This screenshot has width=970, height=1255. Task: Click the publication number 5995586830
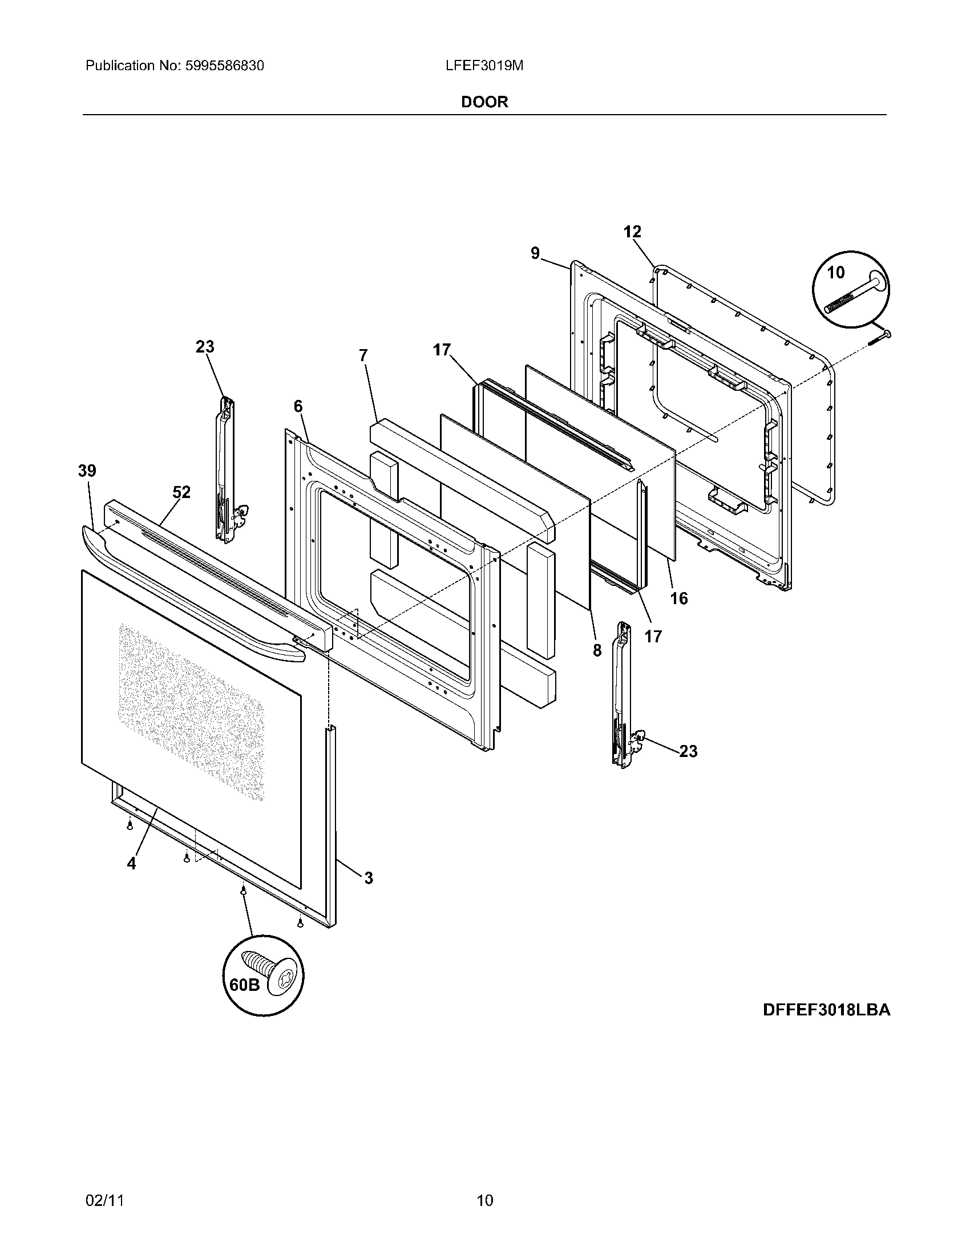224,66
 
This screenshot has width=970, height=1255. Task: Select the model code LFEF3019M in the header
484,66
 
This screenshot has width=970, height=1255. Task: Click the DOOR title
484,102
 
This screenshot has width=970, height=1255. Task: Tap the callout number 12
632,232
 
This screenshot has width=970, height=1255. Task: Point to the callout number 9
535,253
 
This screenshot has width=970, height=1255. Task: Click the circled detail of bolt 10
851,290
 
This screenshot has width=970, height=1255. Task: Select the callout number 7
362,356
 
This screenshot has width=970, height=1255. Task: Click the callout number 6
298,406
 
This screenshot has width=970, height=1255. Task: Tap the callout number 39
87,471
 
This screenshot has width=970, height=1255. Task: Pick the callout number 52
181,492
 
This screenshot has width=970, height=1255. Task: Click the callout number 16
678,599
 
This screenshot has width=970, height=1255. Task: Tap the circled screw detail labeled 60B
264,975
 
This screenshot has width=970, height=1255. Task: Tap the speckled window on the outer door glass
191,712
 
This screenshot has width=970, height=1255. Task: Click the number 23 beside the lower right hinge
688,751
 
